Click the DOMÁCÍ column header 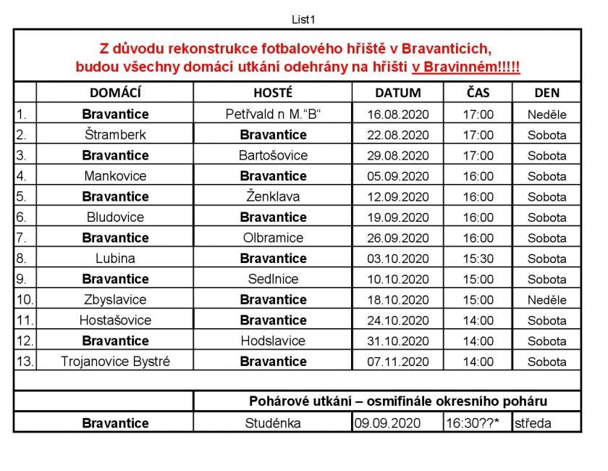coord(115,93)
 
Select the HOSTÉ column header coord(273,93)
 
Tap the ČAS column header coord(478,93)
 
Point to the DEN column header coord(546,93)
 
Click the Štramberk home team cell coord(115,135)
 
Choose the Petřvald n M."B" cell coord(273,114)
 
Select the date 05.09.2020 coord(398,176)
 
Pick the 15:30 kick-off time coord(478,258)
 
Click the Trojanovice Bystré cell coord(115,361)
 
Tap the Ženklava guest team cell coord(273,196)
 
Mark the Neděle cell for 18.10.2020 coord(546,299)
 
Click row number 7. coord(22,238)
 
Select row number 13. coord(24,361)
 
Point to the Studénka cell coord(273,423)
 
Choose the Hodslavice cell coord(273,341)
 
